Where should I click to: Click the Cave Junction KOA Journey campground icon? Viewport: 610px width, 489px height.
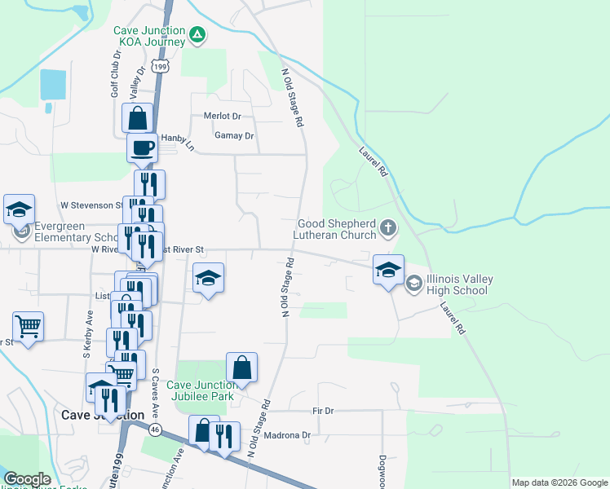point(197,35)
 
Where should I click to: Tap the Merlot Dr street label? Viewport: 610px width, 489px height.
point(223,117)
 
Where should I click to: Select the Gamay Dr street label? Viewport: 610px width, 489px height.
point(234,135)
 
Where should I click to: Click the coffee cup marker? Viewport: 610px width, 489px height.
point(142,148)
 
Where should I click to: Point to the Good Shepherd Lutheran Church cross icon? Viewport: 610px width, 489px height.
point(389,229)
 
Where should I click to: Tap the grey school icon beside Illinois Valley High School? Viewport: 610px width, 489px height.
point(413,283)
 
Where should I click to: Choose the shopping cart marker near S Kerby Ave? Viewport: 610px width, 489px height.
point(29,327)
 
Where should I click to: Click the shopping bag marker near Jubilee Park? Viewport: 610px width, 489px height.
point(242,368)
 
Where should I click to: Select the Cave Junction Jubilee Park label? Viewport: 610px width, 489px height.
point(201,390)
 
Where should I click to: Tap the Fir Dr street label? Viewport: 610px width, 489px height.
point(324,411)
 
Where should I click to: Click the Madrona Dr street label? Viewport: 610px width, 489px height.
point(295,435)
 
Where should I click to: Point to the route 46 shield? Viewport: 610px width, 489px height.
point(154,429)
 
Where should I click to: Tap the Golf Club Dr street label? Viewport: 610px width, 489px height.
point(116,77)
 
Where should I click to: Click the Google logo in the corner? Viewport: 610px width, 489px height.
point(26,479)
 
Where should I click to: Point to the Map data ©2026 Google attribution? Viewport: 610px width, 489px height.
point(559,482)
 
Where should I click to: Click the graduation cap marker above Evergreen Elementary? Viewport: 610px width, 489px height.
point(19,209)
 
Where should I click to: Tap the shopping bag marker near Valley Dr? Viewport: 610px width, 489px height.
point(137,118)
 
